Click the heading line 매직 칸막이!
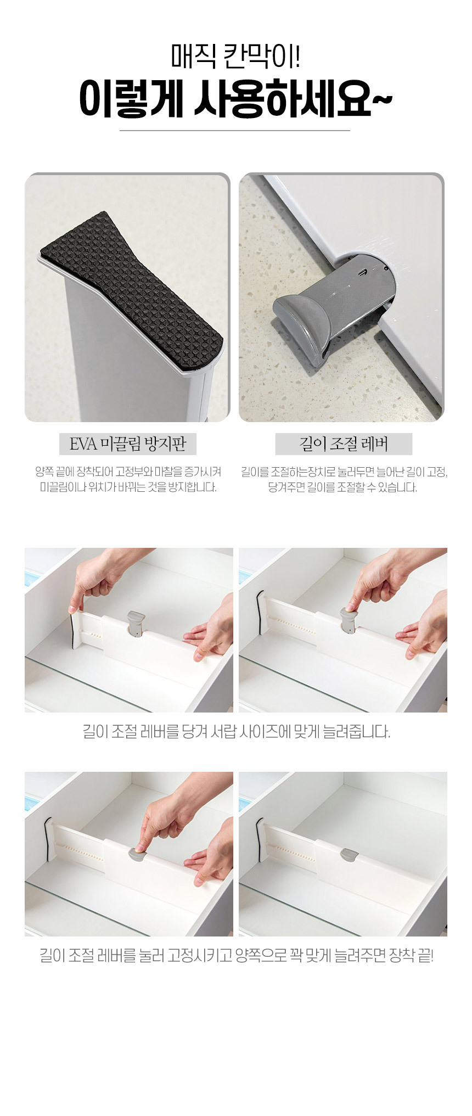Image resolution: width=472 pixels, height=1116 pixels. coord(235,57)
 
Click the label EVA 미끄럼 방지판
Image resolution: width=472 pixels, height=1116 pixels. coord(127,444)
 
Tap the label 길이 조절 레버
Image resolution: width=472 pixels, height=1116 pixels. coord(344,444)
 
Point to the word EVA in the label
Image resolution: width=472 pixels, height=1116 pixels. coord(83,444)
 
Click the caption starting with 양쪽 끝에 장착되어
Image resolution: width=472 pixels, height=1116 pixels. coord(128,479)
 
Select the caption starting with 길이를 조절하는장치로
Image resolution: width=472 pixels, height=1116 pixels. coord(344,479)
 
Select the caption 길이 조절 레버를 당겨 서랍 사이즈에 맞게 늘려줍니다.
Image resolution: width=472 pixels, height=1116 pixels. coord(236,731)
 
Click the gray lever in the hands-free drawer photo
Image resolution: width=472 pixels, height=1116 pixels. coord(349,855)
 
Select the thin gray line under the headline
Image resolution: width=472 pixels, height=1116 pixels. coord(235,131)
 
